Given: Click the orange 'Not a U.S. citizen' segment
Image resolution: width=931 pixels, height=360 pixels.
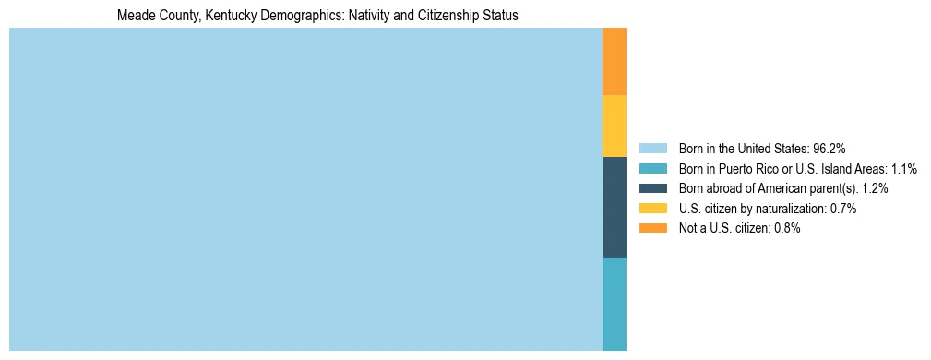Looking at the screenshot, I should tap(614, 61).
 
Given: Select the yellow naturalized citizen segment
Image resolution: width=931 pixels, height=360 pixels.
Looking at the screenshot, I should tap(614, 126).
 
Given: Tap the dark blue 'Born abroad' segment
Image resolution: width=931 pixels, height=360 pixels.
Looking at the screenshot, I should tap(614, 207).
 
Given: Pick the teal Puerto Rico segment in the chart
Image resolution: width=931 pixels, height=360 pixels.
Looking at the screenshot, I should tap(614, 304).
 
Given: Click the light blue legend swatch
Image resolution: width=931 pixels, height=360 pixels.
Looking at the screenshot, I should tap(652, 148).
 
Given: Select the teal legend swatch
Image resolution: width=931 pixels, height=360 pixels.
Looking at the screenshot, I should tap(652, 168).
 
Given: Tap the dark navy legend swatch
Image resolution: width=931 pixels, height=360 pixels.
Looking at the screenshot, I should tap(652, 188).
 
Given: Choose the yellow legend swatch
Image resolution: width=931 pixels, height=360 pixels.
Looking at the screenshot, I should tap(652, 209).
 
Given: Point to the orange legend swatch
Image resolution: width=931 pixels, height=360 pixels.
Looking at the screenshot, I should tap(652, 229).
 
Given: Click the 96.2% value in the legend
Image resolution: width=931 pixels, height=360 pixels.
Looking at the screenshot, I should tap(830, 148).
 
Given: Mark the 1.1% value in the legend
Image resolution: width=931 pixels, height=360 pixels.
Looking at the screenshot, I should tap(904, 168).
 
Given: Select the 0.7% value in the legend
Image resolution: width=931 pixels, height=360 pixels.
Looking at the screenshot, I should tap(843, 209).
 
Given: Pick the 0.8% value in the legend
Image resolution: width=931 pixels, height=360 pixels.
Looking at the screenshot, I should tap(787, 229).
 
